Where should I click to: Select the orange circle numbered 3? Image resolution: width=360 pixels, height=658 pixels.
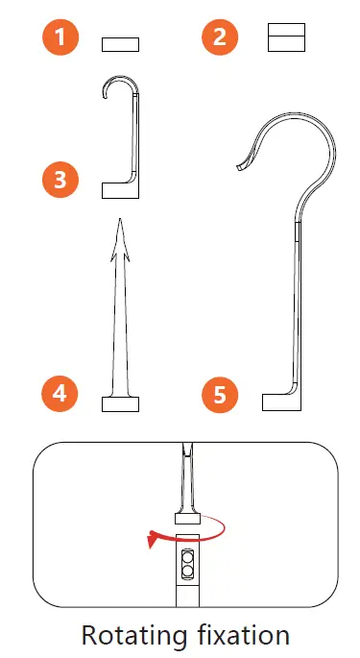pyautogui.click(x=60, y=180)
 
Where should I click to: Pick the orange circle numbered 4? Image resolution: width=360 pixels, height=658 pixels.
pyautogui.click(x=60, y=392)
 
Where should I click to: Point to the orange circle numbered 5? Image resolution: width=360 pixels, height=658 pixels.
pyautogui.click(x=221, y=394)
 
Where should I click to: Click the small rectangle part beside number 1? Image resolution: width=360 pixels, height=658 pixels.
pyautogui.click(x=120, y=44)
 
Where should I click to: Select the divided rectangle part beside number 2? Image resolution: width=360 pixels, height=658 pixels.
pyautogui.click(x=285, y=37)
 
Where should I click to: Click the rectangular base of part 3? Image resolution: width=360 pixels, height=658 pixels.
pyautogui.click(x=120, y=189)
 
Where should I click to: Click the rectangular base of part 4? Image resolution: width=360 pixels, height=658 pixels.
pyautogui.click(x=121, y=402)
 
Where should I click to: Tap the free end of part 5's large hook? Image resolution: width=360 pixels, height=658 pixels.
pyautogui.click(x=239, y=167)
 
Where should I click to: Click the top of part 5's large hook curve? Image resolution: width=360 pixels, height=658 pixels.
pyautogui.click(x=288, y=116)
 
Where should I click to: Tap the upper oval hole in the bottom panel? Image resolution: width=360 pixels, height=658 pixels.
pyautogui.click(x=186, y=557)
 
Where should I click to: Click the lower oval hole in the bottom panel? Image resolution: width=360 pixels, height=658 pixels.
pyautogui.click(x=186, y=572)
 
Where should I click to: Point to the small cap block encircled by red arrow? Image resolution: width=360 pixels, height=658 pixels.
pyautogui.click(x=186, y=520)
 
